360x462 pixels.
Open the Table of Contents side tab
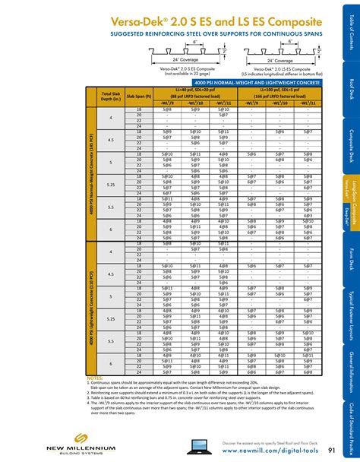(351, 27)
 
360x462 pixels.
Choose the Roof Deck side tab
(351, 87)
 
